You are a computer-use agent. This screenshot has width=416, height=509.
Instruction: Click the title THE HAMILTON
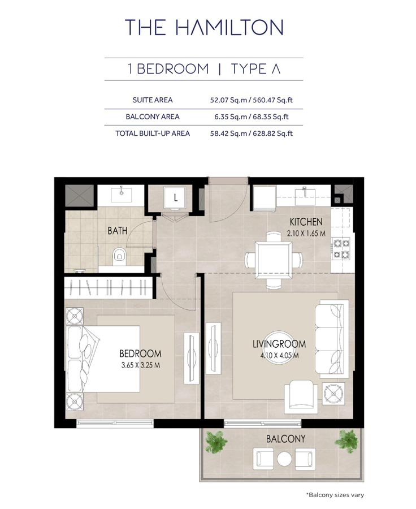204,27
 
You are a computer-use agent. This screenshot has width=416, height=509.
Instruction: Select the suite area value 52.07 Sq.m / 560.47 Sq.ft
250,100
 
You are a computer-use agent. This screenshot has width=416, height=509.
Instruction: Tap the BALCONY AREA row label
153,117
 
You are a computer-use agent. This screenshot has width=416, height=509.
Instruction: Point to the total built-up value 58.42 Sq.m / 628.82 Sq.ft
250,133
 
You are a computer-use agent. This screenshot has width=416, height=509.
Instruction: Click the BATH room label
118,231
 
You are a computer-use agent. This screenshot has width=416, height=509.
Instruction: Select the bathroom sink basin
122,196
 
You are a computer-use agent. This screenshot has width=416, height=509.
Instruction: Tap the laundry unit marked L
176,198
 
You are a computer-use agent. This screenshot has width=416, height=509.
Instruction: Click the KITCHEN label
306,222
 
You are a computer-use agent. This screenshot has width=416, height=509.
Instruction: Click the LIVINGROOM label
279,344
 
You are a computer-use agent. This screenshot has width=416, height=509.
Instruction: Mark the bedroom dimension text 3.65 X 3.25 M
140,365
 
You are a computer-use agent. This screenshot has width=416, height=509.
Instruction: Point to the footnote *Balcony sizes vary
335,495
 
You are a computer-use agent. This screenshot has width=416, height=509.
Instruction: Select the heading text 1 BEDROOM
168,69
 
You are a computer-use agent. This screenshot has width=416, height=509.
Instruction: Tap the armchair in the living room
301,395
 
